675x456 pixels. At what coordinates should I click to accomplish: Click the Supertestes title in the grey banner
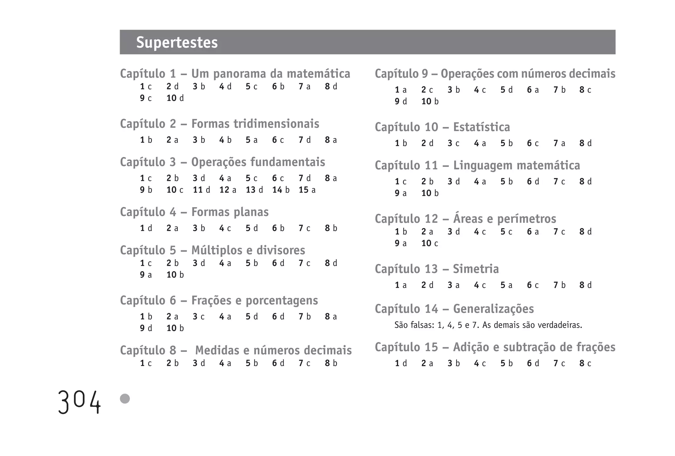177,43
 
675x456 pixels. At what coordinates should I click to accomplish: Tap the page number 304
79,402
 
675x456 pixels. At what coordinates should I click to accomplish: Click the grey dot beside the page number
125,399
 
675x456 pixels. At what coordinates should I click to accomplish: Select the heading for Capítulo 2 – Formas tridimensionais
220,124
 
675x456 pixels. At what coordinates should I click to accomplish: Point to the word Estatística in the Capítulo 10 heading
482,127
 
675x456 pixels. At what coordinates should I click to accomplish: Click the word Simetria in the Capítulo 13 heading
476,269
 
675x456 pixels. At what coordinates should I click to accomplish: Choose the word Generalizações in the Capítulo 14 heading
493,309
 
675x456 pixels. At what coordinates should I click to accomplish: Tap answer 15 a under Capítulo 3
307,190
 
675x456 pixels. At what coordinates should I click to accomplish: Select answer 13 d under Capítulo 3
254,190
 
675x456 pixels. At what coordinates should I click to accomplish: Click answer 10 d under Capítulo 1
175,98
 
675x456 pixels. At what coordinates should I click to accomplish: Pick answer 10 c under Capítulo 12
430,243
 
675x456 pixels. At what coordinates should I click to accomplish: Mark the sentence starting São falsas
488,326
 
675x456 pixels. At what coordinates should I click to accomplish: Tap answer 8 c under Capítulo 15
585,363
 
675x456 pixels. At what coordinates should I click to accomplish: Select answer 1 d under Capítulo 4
146,228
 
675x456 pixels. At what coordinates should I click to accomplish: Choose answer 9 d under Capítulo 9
401,101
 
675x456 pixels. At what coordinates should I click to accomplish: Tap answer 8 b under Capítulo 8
331,363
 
